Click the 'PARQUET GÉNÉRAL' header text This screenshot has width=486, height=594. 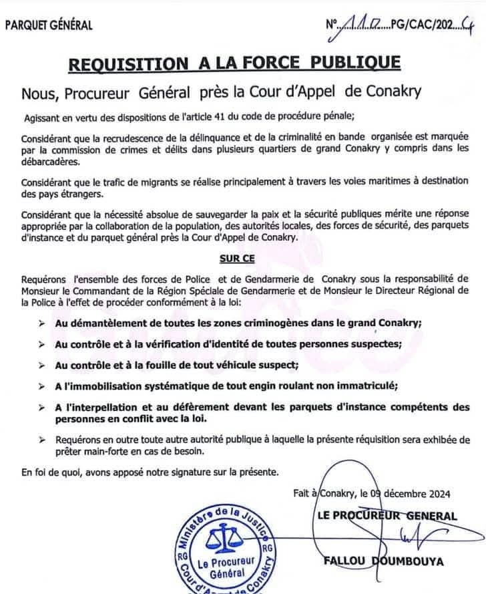click(x=49, y=26)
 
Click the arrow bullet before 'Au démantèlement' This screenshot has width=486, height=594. click(x=41, y=323)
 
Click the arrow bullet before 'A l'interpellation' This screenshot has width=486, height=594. click(x=41, y=408)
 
